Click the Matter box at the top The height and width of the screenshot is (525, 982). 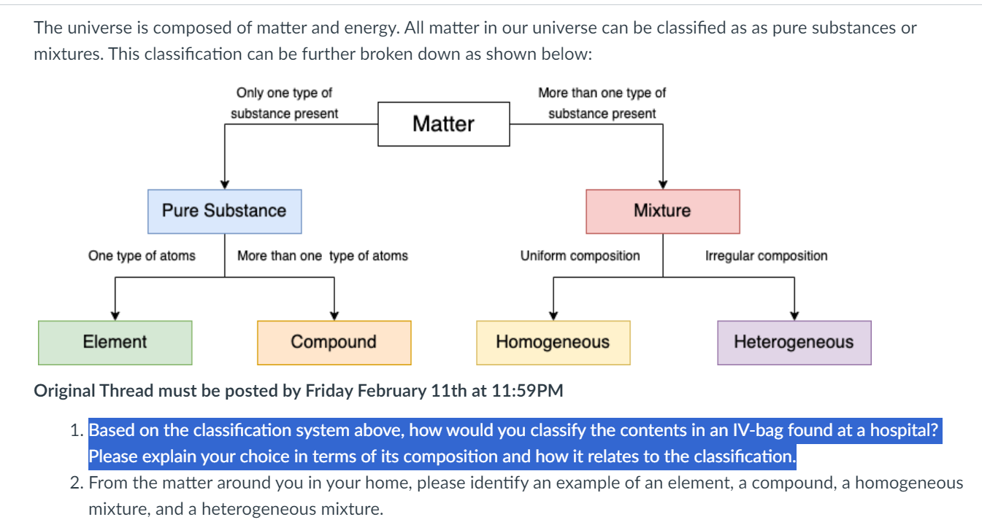coord(444,124)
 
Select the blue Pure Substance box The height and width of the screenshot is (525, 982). coord(224,211)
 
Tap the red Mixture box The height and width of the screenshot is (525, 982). coord(663,211)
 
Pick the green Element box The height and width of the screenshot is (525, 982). coord(115,343)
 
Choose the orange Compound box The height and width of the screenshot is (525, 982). coord(334,343)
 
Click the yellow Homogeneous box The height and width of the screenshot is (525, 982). coord(553,343)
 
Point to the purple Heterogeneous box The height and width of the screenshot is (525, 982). coord(794,343)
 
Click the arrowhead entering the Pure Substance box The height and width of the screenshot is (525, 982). coord(224,184)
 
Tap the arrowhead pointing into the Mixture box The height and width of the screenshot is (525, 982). coord(663,184)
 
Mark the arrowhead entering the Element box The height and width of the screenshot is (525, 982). coord(115,316)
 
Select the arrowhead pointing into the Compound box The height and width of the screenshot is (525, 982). coord(334,316)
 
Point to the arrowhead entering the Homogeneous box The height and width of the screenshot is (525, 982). coord(553,316)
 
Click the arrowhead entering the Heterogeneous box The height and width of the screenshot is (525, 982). coord(794,316)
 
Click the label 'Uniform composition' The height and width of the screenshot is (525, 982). coord(580,256)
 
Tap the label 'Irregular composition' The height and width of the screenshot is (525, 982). coord(767,256)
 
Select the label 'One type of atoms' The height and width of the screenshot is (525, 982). coord(142,256)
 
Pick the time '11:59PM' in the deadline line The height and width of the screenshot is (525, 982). coord(527,391)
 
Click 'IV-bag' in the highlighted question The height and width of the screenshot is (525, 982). coord(758,430)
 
